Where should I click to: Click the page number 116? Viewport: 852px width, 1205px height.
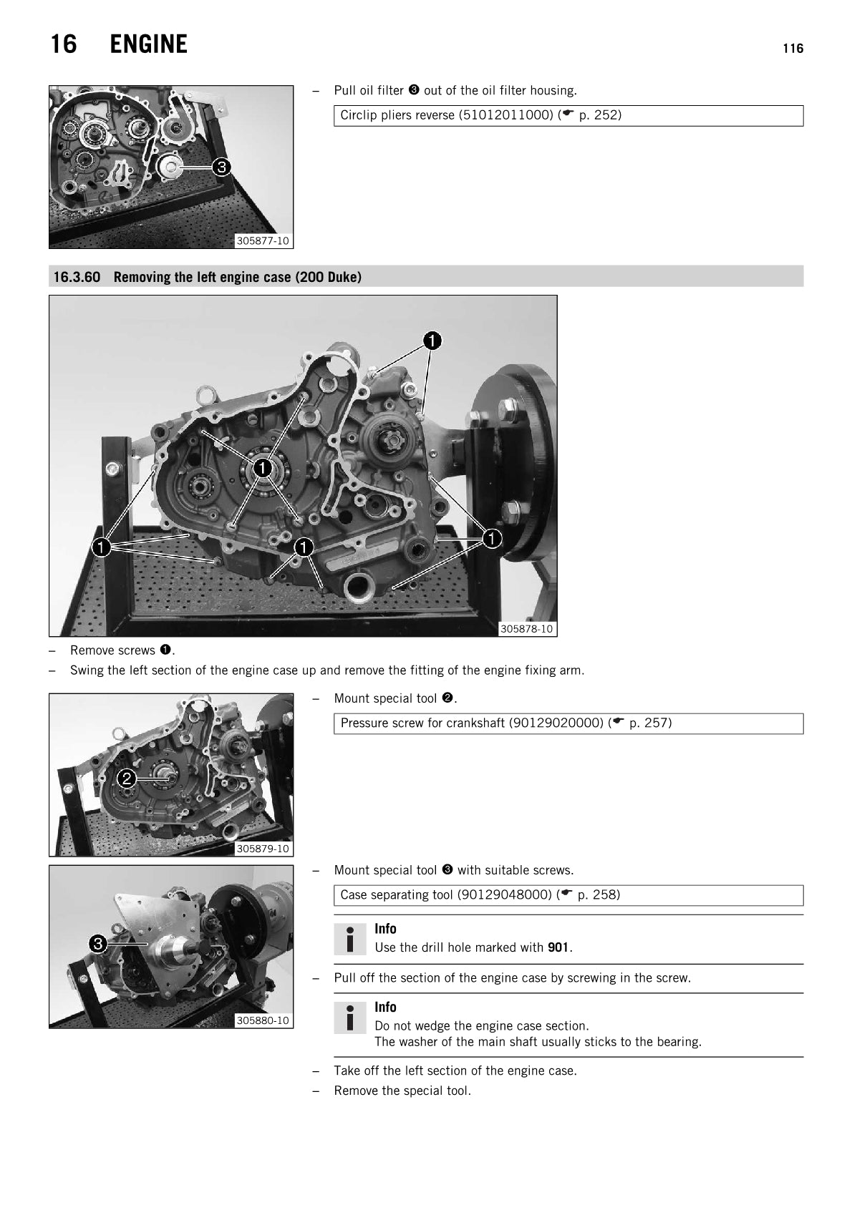tap(793, 49)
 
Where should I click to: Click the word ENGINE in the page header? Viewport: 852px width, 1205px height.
tap(148, 44)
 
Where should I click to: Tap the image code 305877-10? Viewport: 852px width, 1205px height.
tap(263, 241)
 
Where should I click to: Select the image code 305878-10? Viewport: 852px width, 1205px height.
tap(526, 629)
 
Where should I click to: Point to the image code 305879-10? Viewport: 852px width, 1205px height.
tap(263, 849)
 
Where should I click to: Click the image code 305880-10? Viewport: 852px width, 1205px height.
tap(263, 1020)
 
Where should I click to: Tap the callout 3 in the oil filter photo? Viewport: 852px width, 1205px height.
tap(221, 167)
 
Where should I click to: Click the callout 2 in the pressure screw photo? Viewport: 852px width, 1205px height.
tap(127, 779)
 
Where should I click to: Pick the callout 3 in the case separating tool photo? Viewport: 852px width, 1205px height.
tap(98, 944)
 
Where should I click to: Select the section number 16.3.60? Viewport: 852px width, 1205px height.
tap(77, 277)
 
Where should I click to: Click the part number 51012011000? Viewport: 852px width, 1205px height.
tap(506, 115)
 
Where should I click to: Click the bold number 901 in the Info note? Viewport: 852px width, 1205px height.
tap(558, 947)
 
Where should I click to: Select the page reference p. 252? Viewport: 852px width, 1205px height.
tap(599, 115)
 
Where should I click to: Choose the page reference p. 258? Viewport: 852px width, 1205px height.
tap(599, 894)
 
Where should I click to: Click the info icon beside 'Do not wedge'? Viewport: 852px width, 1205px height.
tap(350, 1018)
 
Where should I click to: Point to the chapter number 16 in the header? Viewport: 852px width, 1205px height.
tap(64, 44)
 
